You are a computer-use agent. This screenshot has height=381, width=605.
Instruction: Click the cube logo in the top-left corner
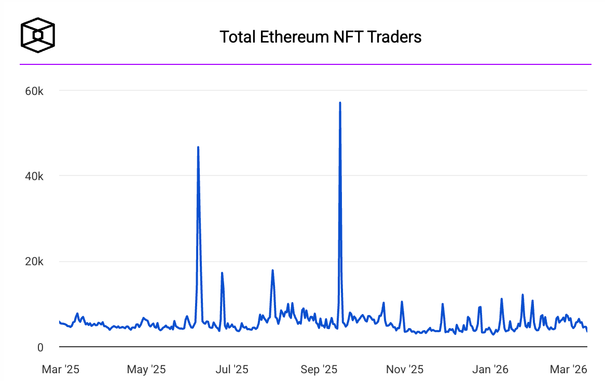[37, 35]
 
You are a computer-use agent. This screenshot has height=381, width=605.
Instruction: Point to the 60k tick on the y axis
[34, 91]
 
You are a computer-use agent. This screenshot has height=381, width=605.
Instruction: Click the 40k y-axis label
[34, 176]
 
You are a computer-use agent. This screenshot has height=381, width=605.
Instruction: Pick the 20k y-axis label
[34, 262]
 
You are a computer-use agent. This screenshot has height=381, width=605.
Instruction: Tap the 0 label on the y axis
[40, 347]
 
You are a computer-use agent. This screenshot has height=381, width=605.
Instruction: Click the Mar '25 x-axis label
[61, 370]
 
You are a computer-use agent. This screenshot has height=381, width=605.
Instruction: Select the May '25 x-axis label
[146, 370]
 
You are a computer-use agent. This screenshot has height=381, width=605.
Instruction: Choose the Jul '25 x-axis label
[231, 370]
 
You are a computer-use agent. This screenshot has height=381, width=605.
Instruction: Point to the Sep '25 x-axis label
[319, 370]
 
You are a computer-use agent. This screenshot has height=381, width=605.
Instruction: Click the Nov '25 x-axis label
[405, 370]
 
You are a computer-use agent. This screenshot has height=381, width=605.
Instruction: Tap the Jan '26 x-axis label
[491, 370]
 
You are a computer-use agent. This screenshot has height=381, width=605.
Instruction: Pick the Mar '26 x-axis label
[569, 370]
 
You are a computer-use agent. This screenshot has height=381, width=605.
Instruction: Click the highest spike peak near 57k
[340, 103]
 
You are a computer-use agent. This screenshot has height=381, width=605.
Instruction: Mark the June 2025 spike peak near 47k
[198, 147]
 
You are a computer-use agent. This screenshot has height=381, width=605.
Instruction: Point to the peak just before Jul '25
[222, 273]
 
